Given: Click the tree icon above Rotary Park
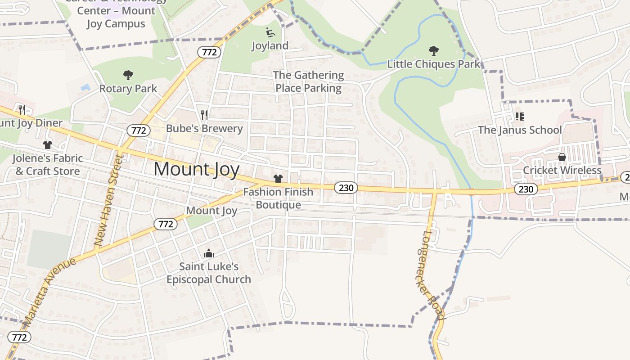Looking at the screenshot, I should click(128, 75).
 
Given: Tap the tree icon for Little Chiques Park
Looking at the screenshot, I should click(434, 50).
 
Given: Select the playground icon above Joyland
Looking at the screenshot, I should click(270, 32).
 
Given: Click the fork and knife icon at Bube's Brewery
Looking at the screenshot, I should click(204, 115).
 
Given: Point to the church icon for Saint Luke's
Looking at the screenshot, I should click(208, 253).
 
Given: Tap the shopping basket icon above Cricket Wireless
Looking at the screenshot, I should click(562, 157).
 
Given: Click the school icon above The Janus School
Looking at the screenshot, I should click(519, 117).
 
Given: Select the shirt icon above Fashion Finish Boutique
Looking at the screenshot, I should click(278, 179).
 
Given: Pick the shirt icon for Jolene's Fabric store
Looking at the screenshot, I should click(48, 145).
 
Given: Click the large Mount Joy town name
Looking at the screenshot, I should click(196, 169).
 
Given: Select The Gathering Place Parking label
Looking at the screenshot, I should click(309, 81).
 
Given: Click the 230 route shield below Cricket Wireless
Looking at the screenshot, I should click(526, 189).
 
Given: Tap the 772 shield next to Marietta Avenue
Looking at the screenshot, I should click(19, 337).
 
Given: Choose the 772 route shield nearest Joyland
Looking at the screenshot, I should click(209, 52).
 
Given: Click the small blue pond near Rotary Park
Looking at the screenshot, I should click(85, 86).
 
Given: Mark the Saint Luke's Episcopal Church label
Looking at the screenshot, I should click(209, 273).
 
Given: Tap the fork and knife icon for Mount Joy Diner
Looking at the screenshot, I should click(22, 109).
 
